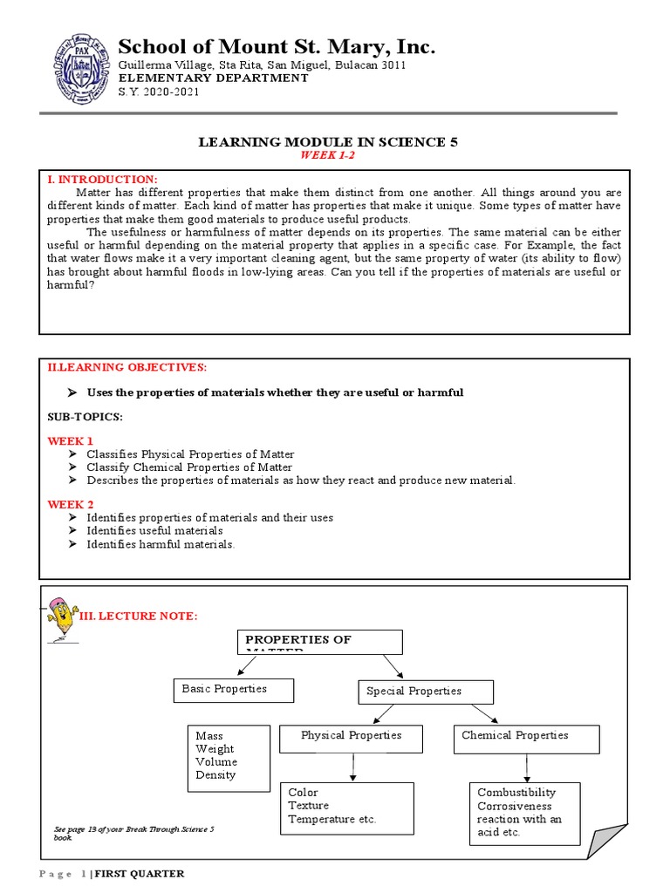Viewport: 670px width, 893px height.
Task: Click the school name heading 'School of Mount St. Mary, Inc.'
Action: [277, 46]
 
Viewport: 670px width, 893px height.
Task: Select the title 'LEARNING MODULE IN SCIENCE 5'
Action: [328, 141]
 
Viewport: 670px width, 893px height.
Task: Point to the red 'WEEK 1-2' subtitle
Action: [328, 155]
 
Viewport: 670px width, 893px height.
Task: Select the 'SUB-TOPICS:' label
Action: [85, 417]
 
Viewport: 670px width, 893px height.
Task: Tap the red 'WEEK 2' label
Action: [71, 505]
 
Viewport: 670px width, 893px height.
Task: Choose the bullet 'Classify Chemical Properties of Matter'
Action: [189, 467]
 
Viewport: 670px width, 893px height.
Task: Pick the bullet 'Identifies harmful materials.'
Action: [161, 544]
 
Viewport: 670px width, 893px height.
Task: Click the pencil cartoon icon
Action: [61, 618]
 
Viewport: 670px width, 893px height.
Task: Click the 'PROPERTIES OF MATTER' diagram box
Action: [319, 641]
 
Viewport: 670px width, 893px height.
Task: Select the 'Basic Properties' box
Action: [233, 690]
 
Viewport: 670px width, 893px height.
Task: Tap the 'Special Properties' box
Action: [426, 692]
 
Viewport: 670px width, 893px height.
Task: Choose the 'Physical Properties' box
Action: [351, 738]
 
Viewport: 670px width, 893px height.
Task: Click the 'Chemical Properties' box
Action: [526, 738]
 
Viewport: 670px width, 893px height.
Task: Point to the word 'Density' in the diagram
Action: [215, 775]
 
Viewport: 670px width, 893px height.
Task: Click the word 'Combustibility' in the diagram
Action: [516, 793]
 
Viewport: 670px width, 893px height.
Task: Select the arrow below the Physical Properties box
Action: [352, 767]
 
